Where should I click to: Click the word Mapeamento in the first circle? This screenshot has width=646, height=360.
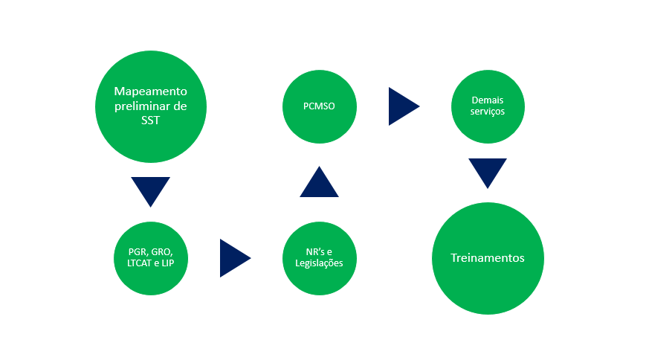coord(151,91)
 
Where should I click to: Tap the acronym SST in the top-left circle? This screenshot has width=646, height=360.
coord(150,120)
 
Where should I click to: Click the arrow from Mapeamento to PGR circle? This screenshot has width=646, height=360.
coord(150,190)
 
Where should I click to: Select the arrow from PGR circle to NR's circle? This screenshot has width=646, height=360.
coord(233,258)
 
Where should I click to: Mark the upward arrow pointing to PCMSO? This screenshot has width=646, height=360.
coord(319,183)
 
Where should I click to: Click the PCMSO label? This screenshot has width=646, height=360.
coord(319,106)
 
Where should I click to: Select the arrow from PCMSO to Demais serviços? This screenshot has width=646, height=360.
coord(402,106)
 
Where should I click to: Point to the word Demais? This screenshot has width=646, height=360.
coord(488,99)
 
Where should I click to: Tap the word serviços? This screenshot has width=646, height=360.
coord(488,112)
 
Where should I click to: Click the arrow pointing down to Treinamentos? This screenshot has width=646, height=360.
coord(488,171)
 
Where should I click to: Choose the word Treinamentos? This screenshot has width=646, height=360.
coord(488,258)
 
